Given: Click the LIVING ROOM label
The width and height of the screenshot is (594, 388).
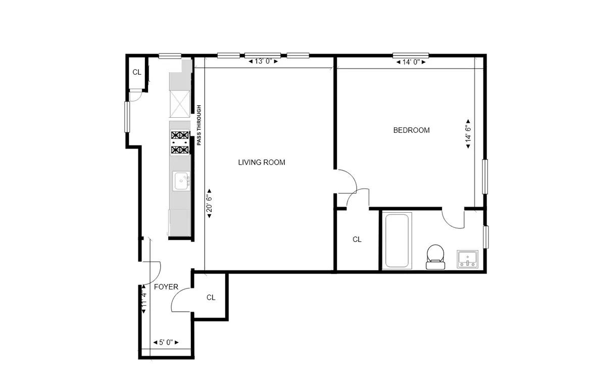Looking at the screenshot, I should pyautogui.click(x=262, y=162).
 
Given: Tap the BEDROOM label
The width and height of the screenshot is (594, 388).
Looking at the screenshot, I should pyautogui.click(x=411, y=130).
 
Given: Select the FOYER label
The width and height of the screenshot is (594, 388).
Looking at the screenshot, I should pyautogui.click(x=166, y=287).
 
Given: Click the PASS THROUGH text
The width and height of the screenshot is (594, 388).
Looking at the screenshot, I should pyautogui.click(x=199, y=125).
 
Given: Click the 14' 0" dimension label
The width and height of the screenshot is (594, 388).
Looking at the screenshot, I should pyautogui.click(x=411, y=62).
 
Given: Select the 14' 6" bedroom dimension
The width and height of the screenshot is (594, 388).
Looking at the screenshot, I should pyautogui.click(x=468, y=134).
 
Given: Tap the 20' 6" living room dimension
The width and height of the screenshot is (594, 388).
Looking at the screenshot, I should pyautogui.click(x=209, y=204).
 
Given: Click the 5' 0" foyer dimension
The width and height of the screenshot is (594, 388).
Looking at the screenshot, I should pyautogui.click(x=166, y=342).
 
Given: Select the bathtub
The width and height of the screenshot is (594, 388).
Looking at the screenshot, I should pyautogui.click(x=398, y=240).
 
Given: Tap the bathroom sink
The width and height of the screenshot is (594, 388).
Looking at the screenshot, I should pyautogui.click(x=468, y=259).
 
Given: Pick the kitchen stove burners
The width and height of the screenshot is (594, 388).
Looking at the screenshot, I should pyautogui.click(x=180, y=142).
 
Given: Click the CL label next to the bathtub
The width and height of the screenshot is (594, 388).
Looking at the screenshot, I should pyautogui.click(x=357, y=239).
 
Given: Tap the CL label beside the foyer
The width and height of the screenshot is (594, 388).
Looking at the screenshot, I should pyautogui.click(x=211, y=298).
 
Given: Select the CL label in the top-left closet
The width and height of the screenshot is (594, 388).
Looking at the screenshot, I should pyautogui.click(x=137, y=72).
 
